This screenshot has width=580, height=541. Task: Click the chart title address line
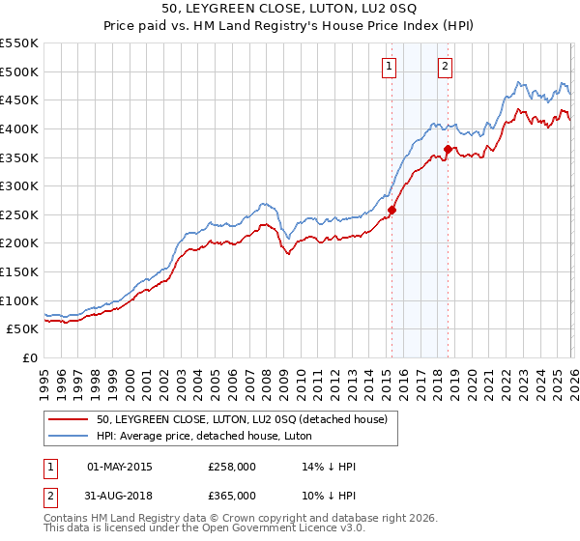(x=290, y=9)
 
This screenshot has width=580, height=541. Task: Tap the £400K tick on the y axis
(x=19, y=128)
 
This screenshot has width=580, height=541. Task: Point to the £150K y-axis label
(x=19, y=272)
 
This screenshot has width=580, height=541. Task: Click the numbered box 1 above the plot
(x=389, y=67)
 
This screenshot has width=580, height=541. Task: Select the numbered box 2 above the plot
(x=445, y=67)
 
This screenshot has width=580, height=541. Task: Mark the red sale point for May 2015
(x=391, y=210)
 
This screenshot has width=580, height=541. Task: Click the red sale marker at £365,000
(x=449, y=149)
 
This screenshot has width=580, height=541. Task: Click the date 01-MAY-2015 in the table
(x=120, y=467)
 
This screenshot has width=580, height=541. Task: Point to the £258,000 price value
(x=232, y=467)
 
